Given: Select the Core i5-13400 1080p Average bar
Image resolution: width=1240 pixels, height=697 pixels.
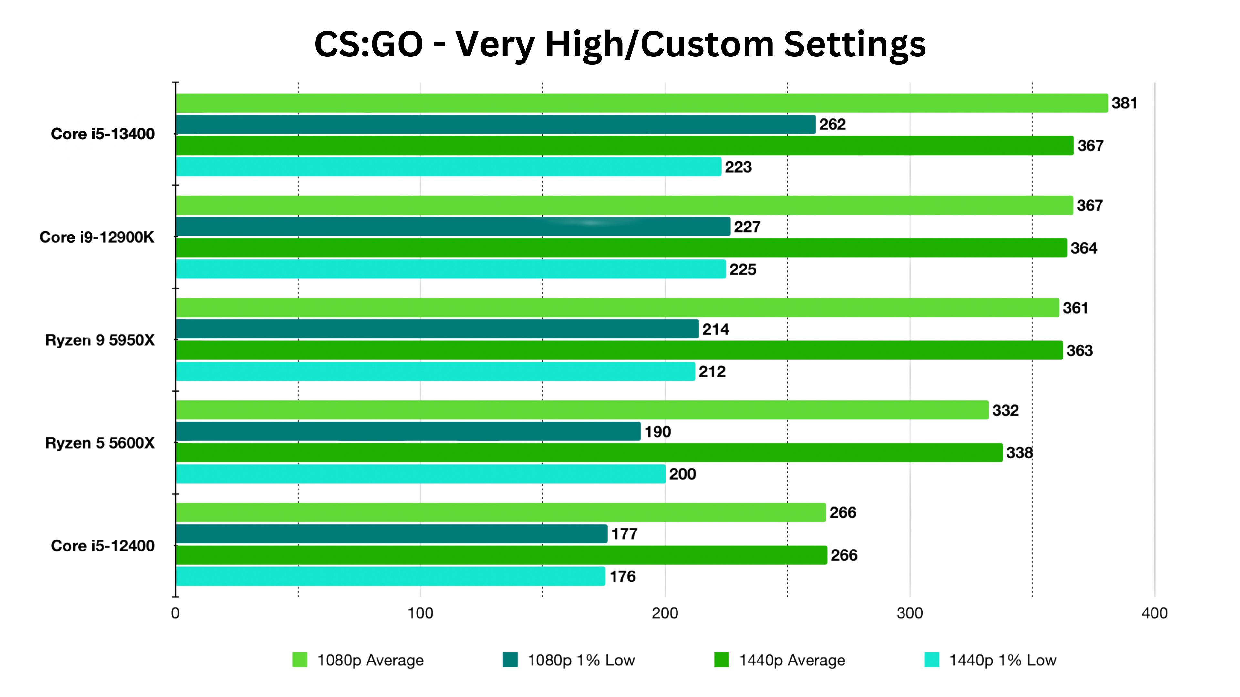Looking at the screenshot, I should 642,103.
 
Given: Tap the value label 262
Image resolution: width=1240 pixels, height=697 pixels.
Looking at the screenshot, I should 832,125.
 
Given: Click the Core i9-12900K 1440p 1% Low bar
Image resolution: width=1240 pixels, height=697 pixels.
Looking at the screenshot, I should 451,269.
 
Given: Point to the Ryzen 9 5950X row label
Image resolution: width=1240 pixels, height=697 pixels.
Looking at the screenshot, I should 100,340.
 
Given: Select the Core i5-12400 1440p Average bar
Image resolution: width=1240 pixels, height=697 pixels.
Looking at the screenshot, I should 501,555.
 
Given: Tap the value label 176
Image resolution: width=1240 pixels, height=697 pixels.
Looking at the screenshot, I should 622,576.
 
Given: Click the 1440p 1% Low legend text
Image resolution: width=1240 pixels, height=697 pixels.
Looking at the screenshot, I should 1002,661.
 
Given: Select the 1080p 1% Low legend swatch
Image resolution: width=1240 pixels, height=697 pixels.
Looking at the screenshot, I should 510,660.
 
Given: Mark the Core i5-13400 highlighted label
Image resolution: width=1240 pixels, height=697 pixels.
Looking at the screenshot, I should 103,134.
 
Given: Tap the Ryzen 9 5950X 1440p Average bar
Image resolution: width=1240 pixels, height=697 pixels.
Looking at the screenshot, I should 620,350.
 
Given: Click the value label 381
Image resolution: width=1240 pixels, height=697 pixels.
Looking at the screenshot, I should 1124,103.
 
